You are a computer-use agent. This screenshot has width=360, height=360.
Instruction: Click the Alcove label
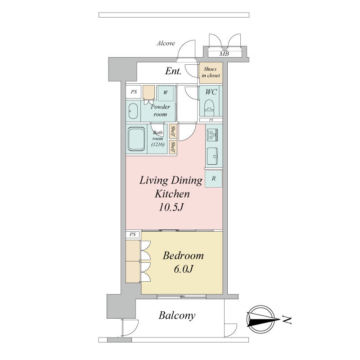click(166, 43)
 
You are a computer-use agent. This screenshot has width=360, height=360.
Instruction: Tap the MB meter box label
click(224, 54)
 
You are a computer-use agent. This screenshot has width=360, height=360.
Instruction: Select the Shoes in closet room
click(211, 73)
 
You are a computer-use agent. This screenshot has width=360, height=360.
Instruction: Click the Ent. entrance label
click(173, 71)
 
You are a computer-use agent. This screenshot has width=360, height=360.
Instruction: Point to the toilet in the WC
click(209, 108)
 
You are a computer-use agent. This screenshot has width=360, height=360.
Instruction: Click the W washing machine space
click(166, 93)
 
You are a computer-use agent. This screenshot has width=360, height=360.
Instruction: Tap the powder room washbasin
click(133, 111)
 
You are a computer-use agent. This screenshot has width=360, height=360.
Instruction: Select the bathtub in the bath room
click(136, 139)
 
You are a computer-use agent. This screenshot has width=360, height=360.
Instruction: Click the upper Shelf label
click(173, 131)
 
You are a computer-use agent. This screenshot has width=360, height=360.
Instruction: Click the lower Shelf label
click(173, 147)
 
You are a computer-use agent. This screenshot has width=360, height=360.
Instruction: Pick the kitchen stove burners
click(212, 135)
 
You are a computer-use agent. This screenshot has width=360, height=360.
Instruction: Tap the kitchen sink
click(212, 156)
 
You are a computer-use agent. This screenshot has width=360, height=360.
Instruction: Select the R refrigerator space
click(213, 179)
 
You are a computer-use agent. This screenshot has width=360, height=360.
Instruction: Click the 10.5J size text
click(171, 207)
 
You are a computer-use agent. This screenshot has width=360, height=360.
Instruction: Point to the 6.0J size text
click(183, 269)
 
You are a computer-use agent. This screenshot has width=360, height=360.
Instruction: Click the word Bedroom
click(183, 256)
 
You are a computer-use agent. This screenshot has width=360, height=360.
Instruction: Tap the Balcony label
click(177, 315)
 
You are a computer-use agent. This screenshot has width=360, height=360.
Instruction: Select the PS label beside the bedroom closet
click(132, 234)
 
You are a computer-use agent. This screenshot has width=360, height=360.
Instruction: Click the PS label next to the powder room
click(134, 92)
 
